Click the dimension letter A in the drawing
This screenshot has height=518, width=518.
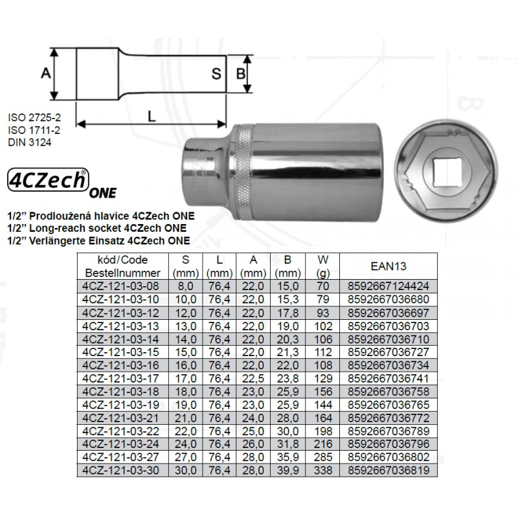(46, 73)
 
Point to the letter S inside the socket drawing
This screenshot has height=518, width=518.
(216, 73)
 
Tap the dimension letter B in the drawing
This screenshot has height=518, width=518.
(241, 73)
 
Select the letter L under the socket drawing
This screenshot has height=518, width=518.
(152, 117)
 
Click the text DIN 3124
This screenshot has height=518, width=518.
(30, 142)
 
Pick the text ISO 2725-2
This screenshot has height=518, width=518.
(34, 117)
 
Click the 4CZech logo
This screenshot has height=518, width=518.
(48, 179)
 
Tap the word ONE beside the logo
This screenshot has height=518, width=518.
(103, 193)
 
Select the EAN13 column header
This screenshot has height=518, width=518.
(388, 266)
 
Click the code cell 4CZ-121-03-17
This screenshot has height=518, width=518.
(120, 378)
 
